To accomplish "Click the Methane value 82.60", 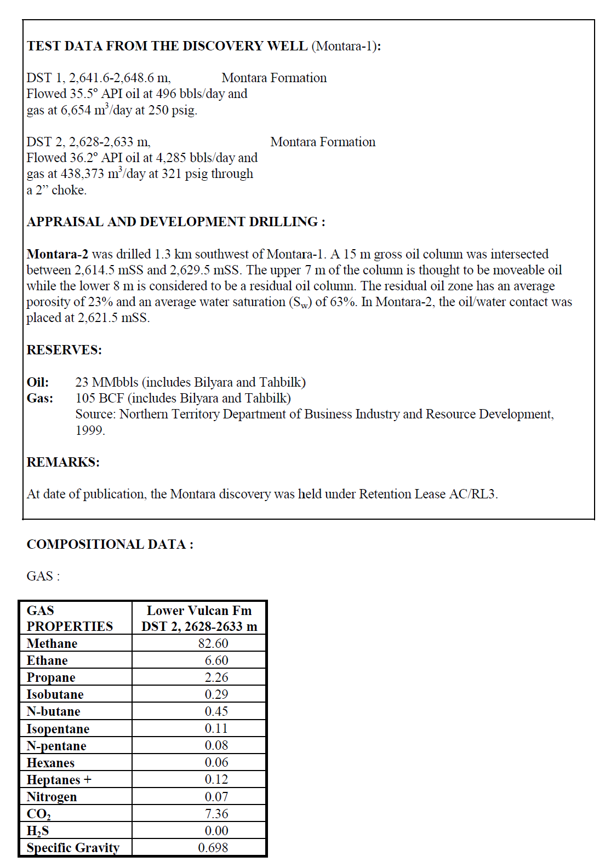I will tap(213, 643).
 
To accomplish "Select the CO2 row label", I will tap(39, 814).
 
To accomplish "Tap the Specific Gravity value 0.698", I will tap(213, 848).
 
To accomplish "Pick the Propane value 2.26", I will tap(216, 677).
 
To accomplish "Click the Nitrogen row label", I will tap(52, 797).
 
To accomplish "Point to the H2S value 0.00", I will tap(216, 831).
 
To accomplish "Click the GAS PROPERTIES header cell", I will tap(70, 618).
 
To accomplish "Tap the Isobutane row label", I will tap(55, 694).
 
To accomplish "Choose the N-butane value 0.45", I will tap(216, 711).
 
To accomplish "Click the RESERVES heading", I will tap(64, 350).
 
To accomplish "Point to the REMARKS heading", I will tap(63, 462).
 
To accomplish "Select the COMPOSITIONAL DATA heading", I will tap(110, 544).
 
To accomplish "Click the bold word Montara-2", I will tap(57, 254).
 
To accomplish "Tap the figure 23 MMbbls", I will tap(106, 382).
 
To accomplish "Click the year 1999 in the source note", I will tap(89, 430).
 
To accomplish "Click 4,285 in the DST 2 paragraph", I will tap(164, 158).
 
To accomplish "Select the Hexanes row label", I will tap(50, 763).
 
